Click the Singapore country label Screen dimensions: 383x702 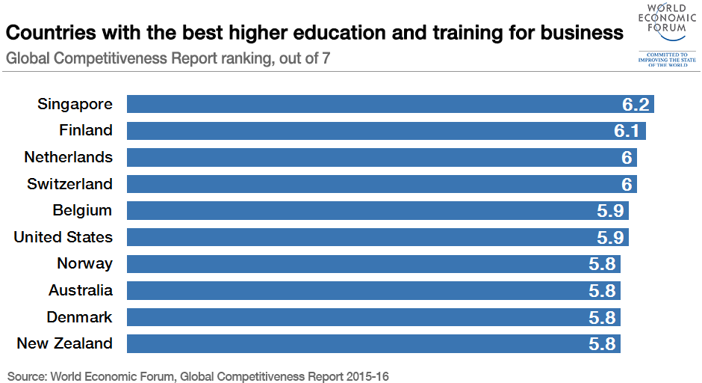point(75,104)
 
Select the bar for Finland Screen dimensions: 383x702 point(373,131)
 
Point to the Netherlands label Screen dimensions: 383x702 point(69,157)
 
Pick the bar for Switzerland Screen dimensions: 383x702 point(373,184)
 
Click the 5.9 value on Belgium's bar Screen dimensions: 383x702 point(610,211)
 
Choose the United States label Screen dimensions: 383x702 point(63,237)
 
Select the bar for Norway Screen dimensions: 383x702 point(373,264)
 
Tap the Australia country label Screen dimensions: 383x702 point(81,290)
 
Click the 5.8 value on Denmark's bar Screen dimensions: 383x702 point(602,317)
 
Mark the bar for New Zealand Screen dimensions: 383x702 point(373,344)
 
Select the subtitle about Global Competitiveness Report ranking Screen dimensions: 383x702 point(169,58)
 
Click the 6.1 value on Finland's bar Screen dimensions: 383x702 point(627,131)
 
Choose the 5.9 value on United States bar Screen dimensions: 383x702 point(610,237)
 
